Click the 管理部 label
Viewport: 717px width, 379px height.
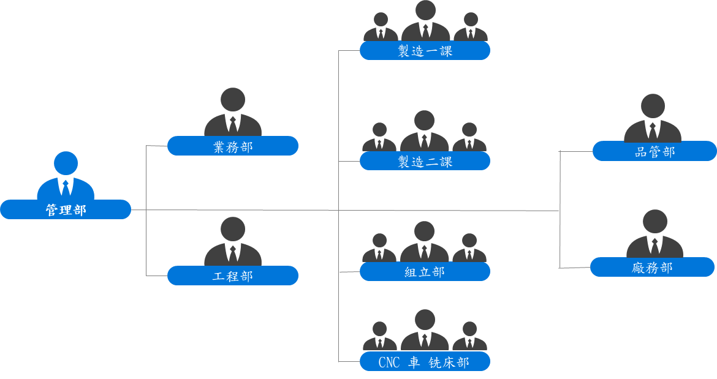tap(66, 210)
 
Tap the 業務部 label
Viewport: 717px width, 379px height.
tap(233, 146)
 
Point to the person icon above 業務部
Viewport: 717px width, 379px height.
tap(233, 113)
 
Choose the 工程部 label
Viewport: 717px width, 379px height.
tap(233, 276)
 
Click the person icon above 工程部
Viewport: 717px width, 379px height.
tap(233, 242)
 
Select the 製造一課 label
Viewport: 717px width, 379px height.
tap(425, 51)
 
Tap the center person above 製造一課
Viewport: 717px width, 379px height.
tap(425, 21)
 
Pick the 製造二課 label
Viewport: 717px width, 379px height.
tap(425, 162)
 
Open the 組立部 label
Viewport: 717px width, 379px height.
tap(425, 272)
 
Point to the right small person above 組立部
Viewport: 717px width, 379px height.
tap(469, 249)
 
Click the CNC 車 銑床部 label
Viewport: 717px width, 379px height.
tap(425, 362)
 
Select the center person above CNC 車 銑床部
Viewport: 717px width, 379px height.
tap(425, 331)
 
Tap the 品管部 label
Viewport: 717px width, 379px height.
tap(654, 152)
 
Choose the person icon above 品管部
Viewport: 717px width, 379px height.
tap(653, 119)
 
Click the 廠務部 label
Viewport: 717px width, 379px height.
tap(652, 268)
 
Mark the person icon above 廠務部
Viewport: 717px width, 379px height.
tap(654, 235)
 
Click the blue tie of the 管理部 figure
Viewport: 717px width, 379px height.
tap(66, 187)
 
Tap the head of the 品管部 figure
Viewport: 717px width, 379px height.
tap(653, 106)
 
